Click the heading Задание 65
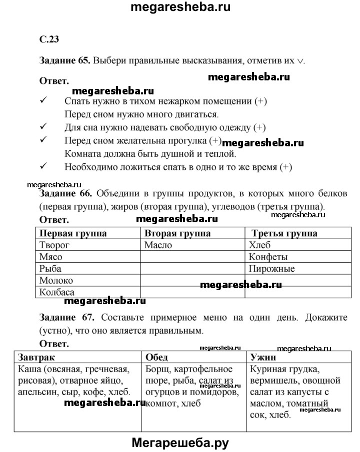coord(64,60)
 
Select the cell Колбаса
coord(56,292)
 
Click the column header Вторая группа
coord(177,233)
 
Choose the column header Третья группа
coord(284,233)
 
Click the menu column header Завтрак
coord(36,358)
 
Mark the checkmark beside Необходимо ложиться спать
coord(43,166)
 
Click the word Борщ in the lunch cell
coord(156,370)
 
